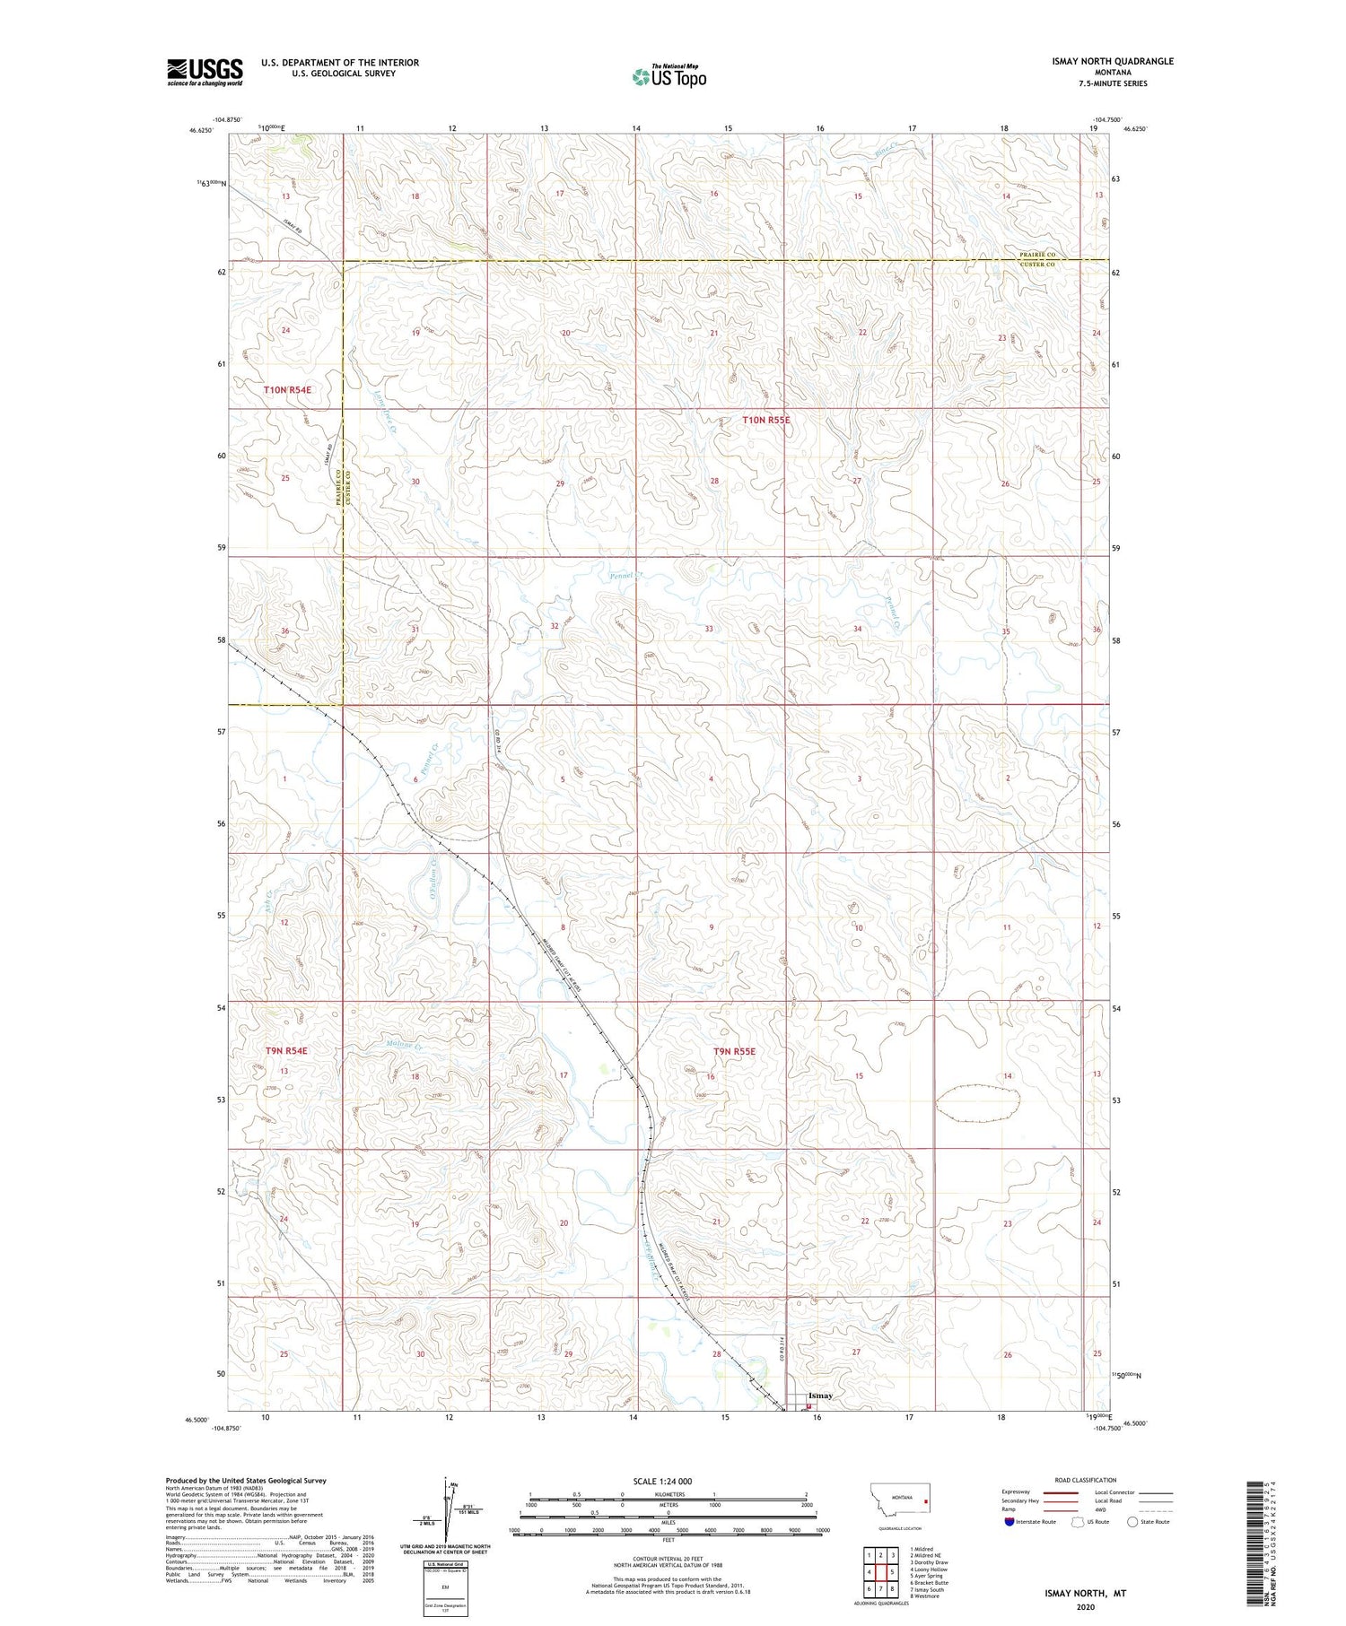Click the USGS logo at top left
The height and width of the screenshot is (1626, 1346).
pyautogui.click(x=205, y=72)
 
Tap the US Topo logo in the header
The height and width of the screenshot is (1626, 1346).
pyautogui.click(x=669, y=77)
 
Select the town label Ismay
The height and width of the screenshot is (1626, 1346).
pyautogui.click(x=820, y=1396)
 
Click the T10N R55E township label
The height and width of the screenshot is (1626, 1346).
pyautogui.click(x=765, y=420)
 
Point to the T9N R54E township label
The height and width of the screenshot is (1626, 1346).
pyautogui.click(x=286, y=1050)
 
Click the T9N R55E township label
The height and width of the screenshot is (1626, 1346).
pyautogui.click(x=734, y=1050)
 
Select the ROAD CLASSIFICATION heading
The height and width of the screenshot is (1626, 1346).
pyautogui.click(x=1085, y=1480)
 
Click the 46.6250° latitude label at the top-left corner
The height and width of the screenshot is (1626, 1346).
pyautogui.click(x=201, y=130)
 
